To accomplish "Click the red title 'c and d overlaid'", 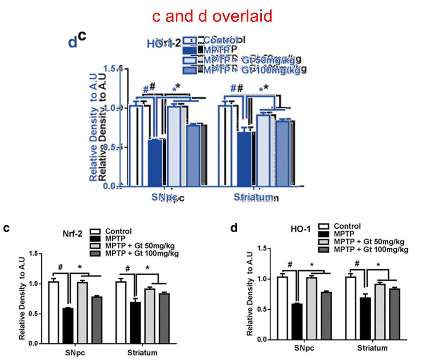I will pos(212,16).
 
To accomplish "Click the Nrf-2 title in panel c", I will pos(72,234).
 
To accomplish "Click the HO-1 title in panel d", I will pos(300,229).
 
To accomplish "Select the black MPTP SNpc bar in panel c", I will pos(68,325).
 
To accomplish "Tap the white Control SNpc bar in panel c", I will pos(53,312).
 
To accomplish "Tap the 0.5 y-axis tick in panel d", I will pos(262,309).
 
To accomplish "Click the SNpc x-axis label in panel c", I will pos(75,353).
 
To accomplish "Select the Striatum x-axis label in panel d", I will pos(372,348).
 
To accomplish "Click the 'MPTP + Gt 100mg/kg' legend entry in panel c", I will pos(142,253).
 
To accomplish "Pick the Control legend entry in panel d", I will pos(347,226).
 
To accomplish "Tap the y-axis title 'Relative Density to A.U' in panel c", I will pos(22,299).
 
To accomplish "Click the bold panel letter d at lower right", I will pos(234,228).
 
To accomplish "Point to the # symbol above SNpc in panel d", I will pos(290,264).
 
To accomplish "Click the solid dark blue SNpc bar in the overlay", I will pos(155,163).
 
